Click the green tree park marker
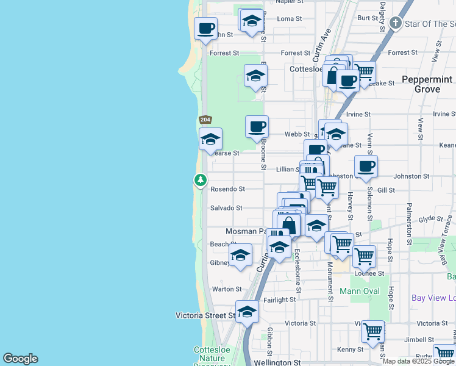(201, 180)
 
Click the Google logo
(20, 359)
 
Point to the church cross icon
(396, 24)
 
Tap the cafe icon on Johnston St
(366, 167)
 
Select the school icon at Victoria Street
(247, 311)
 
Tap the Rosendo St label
(227, 190)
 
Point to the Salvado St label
(226, 208)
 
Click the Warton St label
(226, 289)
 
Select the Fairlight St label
(280, 300)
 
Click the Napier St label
(290, 2)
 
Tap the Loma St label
(290, 19)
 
